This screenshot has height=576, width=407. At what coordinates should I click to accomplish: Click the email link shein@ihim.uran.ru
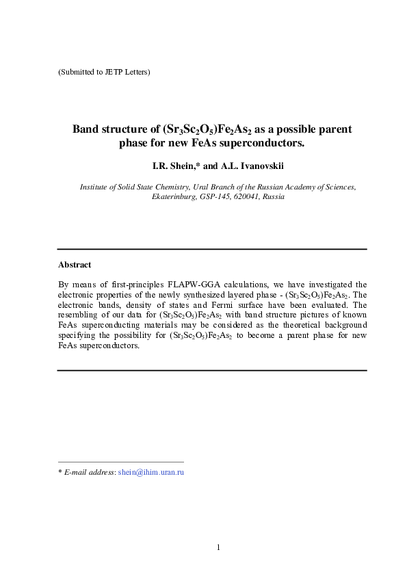(151, 472)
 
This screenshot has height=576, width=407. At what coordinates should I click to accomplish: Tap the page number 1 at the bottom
(218, 547)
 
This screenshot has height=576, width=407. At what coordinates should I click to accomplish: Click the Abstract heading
(75, 264)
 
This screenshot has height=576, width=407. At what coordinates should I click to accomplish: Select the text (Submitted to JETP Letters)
(104, 72)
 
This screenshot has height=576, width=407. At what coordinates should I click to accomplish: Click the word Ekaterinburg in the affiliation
(174, 196)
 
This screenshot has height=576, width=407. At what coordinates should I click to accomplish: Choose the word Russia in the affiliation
(274, 196)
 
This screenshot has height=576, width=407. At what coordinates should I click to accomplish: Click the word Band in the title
(86, 129)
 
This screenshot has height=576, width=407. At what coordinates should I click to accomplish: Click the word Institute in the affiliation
(96, 186)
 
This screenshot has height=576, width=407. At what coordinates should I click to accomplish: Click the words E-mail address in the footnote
(89, 472)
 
